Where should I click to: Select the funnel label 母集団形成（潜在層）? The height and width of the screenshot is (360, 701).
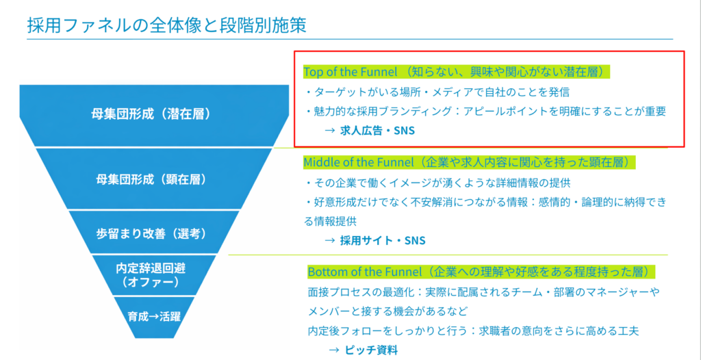[150, 114]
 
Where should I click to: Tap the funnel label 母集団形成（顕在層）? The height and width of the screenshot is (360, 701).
[151, 179]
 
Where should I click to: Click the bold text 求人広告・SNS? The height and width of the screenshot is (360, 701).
[377, 131]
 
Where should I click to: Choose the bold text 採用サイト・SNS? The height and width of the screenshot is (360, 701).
[382, 241]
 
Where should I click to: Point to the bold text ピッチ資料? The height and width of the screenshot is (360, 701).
[370, 350]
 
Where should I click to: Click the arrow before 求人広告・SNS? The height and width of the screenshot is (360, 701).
[330, 131]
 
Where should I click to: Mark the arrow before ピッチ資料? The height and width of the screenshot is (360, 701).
[333, 350]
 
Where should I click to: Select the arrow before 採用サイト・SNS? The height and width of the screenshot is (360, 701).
[330, 241]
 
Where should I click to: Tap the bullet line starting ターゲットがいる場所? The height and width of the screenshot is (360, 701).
[438, 92]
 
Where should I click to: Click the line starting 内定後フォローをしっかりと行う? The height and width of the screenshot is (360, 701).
[474, 331]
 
